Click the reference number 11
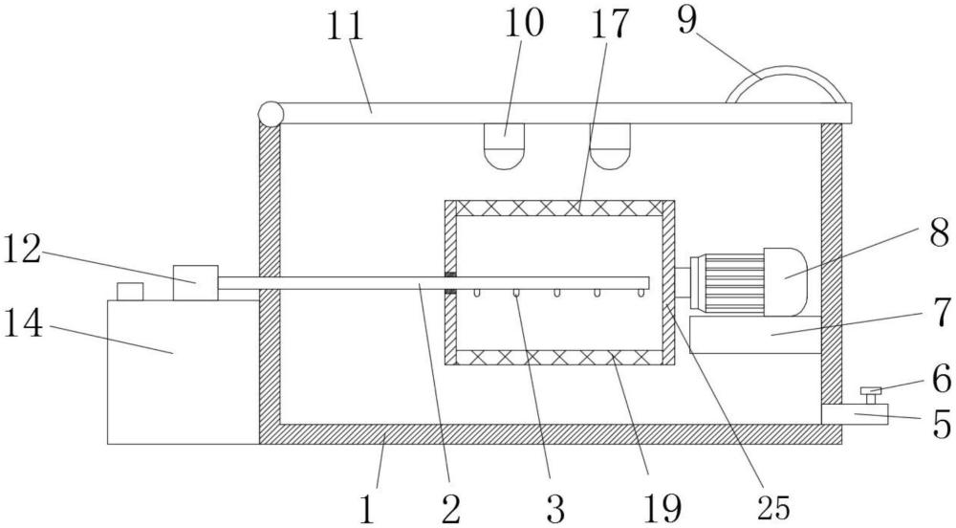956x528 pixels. click(345, 27)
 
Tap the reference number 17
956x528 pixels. click(608, 23)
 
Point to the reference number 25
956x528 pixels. click(773, 507)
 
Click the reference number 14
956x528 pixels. click(24, 323)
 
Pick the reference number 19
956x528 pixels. click(663, 507)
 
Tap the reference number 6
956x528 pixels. click(941, 379)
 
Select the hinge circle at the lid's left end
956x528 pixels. click(271, 114)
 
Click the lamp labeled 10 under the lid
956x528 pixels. click(504, 146)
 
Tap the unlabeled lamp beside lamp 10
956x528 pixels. click(609, 146)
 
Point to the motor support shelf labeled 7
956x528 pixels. click(755, 334)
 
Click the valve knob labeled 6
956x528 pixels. click(871, 394)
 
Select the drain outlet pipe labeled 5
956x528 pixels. click(855, 414)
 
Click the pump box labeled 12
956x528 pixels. click(195, 283)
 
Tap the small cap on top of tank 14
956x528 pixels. click(130, 292)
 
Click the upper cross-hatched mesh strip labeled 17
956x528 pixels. click(559, 208)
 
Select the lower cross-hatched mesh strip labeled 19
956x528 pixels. click(559, 358)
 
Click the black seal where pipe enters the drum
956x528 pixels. click(450, 283)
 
